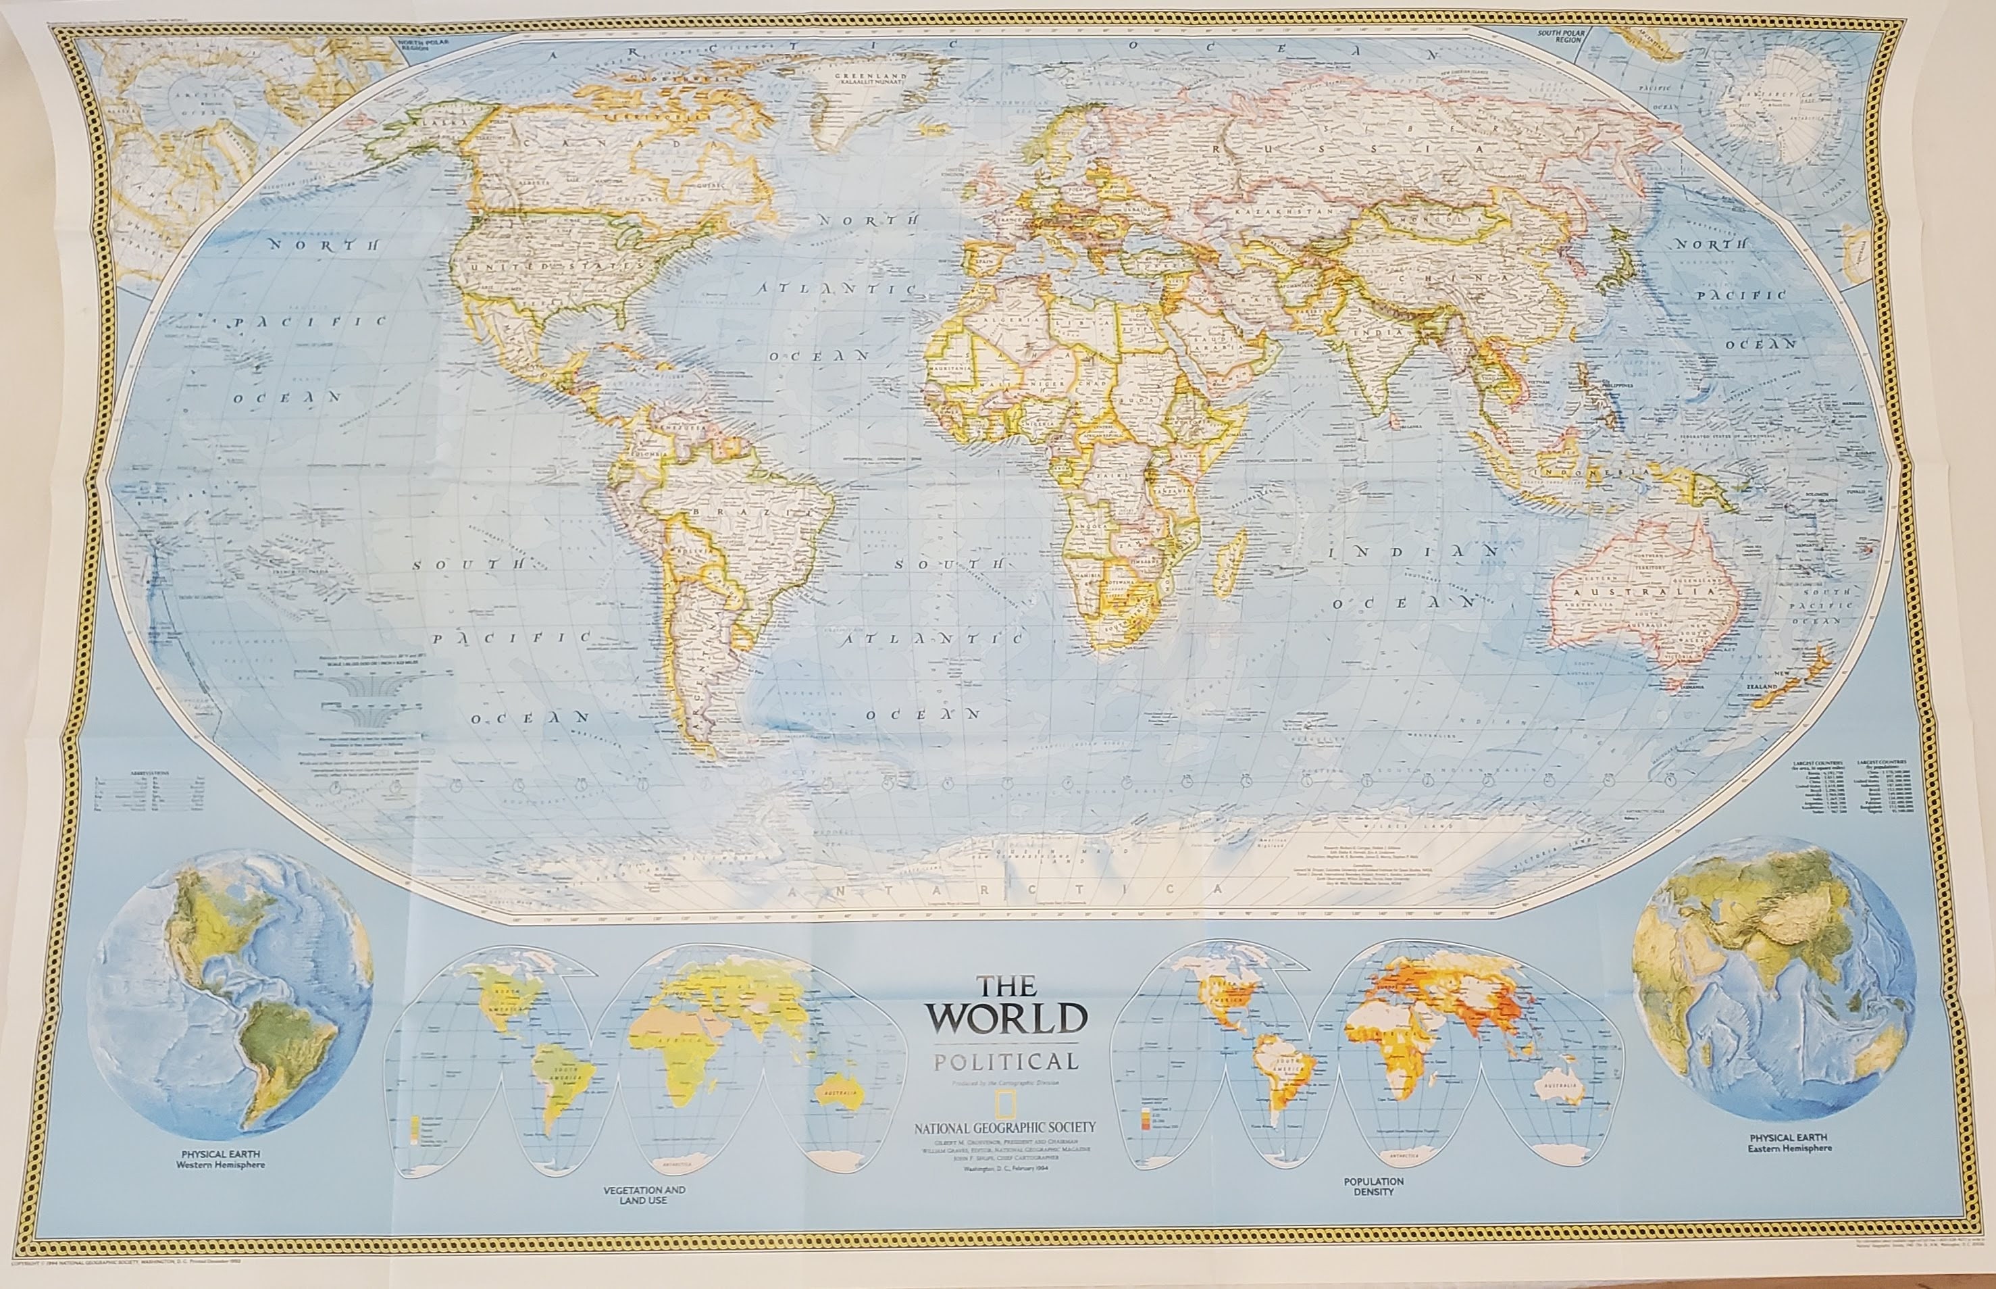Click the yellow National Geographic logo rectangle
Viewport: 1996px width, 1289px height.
(1001, 1106)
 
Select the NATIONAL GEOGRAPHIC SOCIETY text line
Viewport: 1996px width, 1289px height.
(1004, 1128)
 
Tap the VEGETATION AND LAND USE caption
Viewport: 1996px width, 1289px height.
(643, 1195)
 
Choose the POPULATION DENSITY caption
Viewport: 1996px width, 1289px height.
(1373, 1186)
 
